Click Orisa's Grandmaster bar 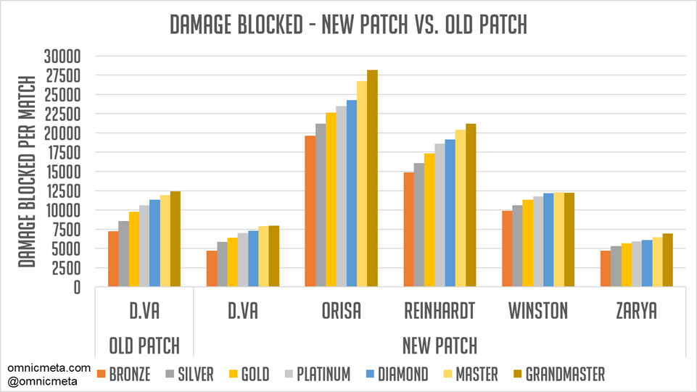(x=373, y=178)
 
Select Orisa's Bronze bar (x=310, y=211)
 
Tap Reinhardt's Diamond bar (x=450, y=212)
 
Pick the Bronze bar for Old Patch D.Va (x=113, y=259)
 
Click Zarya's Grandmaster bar (x=668, y=259)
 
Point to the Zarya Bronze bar (x=606, y=269)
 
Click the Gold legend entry (x=249, y=374)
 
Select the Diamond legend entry (x=397, y=374)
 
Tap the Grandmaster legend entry (x=558, y=374)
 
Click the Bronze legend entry (x=123, y=374)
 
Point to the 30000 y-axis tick (x=62, y=57)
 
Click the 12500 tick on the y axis (x=63, y=191)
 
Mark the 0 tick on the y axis (x=78, y=287)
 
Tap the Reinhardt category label (x=440, y=311)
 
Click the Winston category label (x=538, y=311)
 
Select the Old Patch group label (x=144, y=346)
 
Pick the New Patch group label (x=440, y=346)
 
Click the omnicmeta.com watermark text (x=49, y=368)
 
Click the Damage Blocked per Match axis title (x=27, y=171)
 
